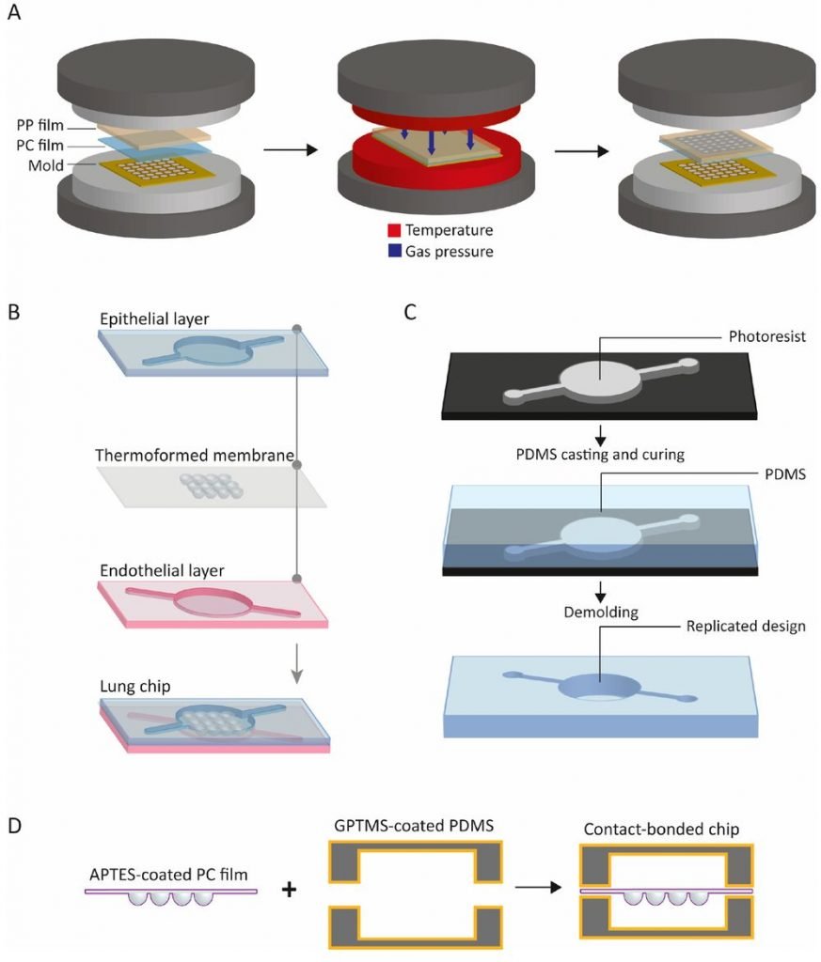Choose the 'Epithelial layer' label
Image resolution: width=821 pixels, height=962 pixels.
[154, 317]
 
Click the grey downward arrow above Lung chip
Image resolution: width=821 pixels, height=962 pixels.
[296, 662]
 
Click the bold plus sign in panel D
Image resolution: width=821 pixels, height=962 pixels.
[291, 887]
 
